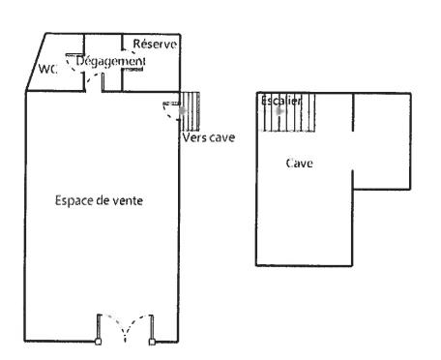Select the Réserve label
[x=153, y=45]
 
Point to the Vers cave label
[x=209, y=136]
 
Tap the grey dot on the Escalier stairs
[x=280, y=110]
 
